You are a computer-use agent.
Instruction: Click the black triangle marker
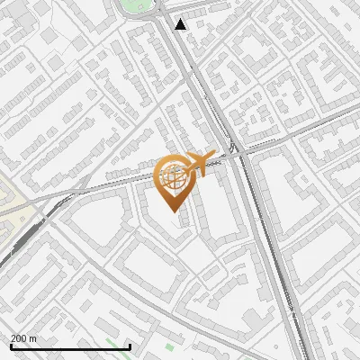[x=181, y=24]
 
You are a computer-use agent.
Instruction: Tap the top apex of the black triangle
[x=181, y=19]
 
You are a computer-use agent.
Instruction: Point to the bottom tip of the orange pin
[x=173, y=211]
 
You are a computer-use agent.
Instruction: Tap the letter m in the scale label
[x=33, y=338]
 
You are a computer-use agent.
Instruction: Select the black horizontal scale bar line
[x=70, y=346]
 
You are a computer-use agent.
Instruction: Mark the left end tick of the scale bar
[x=11, y=345]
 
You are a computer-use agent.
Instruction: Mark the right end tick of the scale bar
[x=130, y=345]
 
